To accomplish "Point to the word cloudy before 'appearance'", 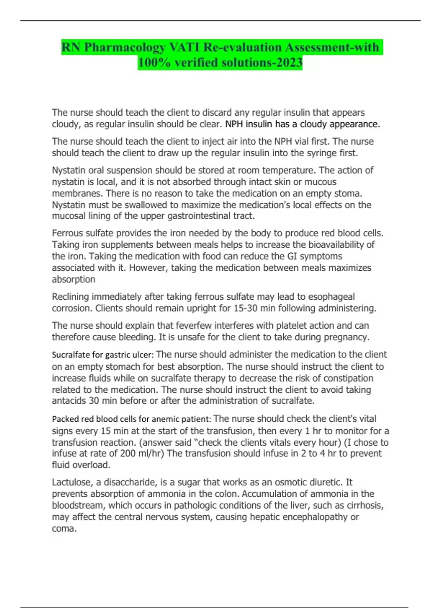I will [x=313, y=124].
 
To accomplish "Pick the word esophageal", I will [x=331, y=296].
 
